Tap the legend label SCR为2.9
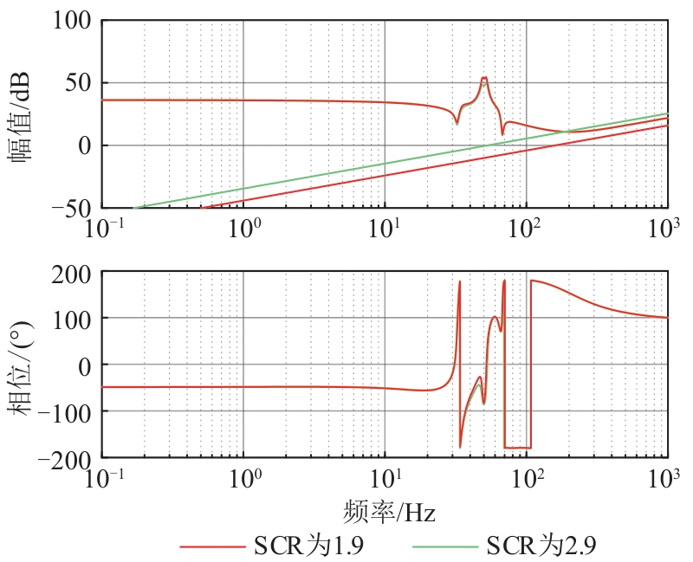click(x=541, y=546)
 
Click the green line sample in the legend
click(x=444, y=546)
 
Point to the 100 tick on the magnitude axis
click(x=72, y=21)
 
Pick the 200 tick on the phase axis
click(x=72, y=274)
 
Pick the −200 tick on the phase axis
click(x=67, y=458)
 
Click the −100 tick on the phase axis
click(x=67, y=411)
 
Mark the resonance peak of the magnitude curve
click(x=484, y=77)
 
